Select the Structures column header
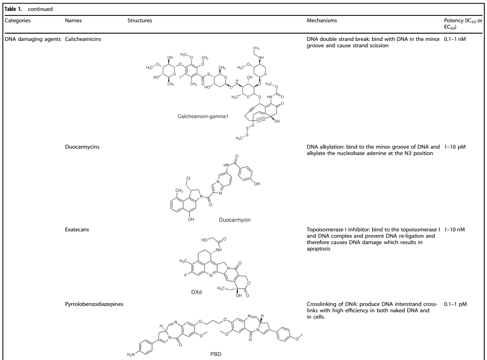click(140, 20)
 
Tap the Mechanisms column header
click(322, 20)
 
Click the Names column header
click(74, 20)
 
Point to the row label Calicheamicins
click(83, 39)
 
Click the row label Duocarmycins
click(82, 147)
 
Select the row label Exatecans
click(77, 230)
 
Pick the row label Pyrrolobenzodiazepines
click(94, 304)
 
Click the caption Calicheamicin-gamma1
click(203, 116)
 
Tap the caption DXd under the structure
click(196, 292)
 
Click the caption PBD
click(216, 354)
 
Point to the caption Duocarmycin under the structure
click(235, 220)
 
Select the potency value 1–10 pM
click(455, 147)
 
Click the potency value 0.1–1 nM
click(455, 39)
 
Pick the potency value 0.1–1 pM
click(455, 304)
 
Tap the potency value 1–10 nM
click(454, 230)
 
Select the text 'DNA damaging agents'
click(33, 39)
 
